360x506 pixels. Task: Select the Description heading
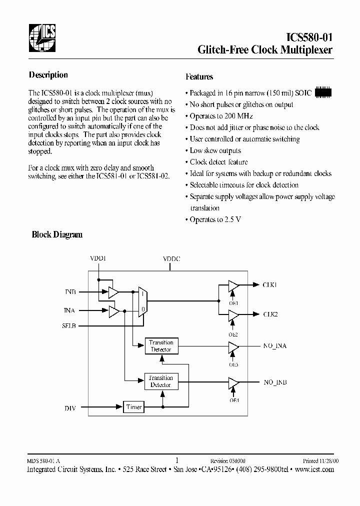(48, 75)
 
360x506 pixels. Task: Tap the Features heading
(199, 77)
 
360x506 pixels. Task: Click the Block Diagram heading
(57, 234)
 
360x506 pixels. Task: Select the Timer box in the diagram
(134, 407)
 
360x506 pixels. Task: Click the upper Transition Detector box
(161, 346)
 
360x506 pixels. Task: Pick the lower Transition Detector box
(160, 381)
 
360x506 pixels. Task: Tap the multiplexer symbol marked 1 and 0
(142, 302)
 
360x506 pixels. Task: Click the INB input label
(70, 291)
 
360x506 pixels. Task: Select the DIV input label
(70, 408)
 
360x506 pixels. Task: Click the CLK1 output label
(270, 285)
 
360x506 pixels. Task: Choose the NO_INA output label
(275, 346)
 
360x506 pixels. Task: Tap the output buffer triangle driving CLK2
(233, 314)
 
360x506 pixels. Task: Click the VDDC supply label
(171, 259)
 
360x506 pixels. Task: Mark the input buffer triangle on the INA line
(114, 311)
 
